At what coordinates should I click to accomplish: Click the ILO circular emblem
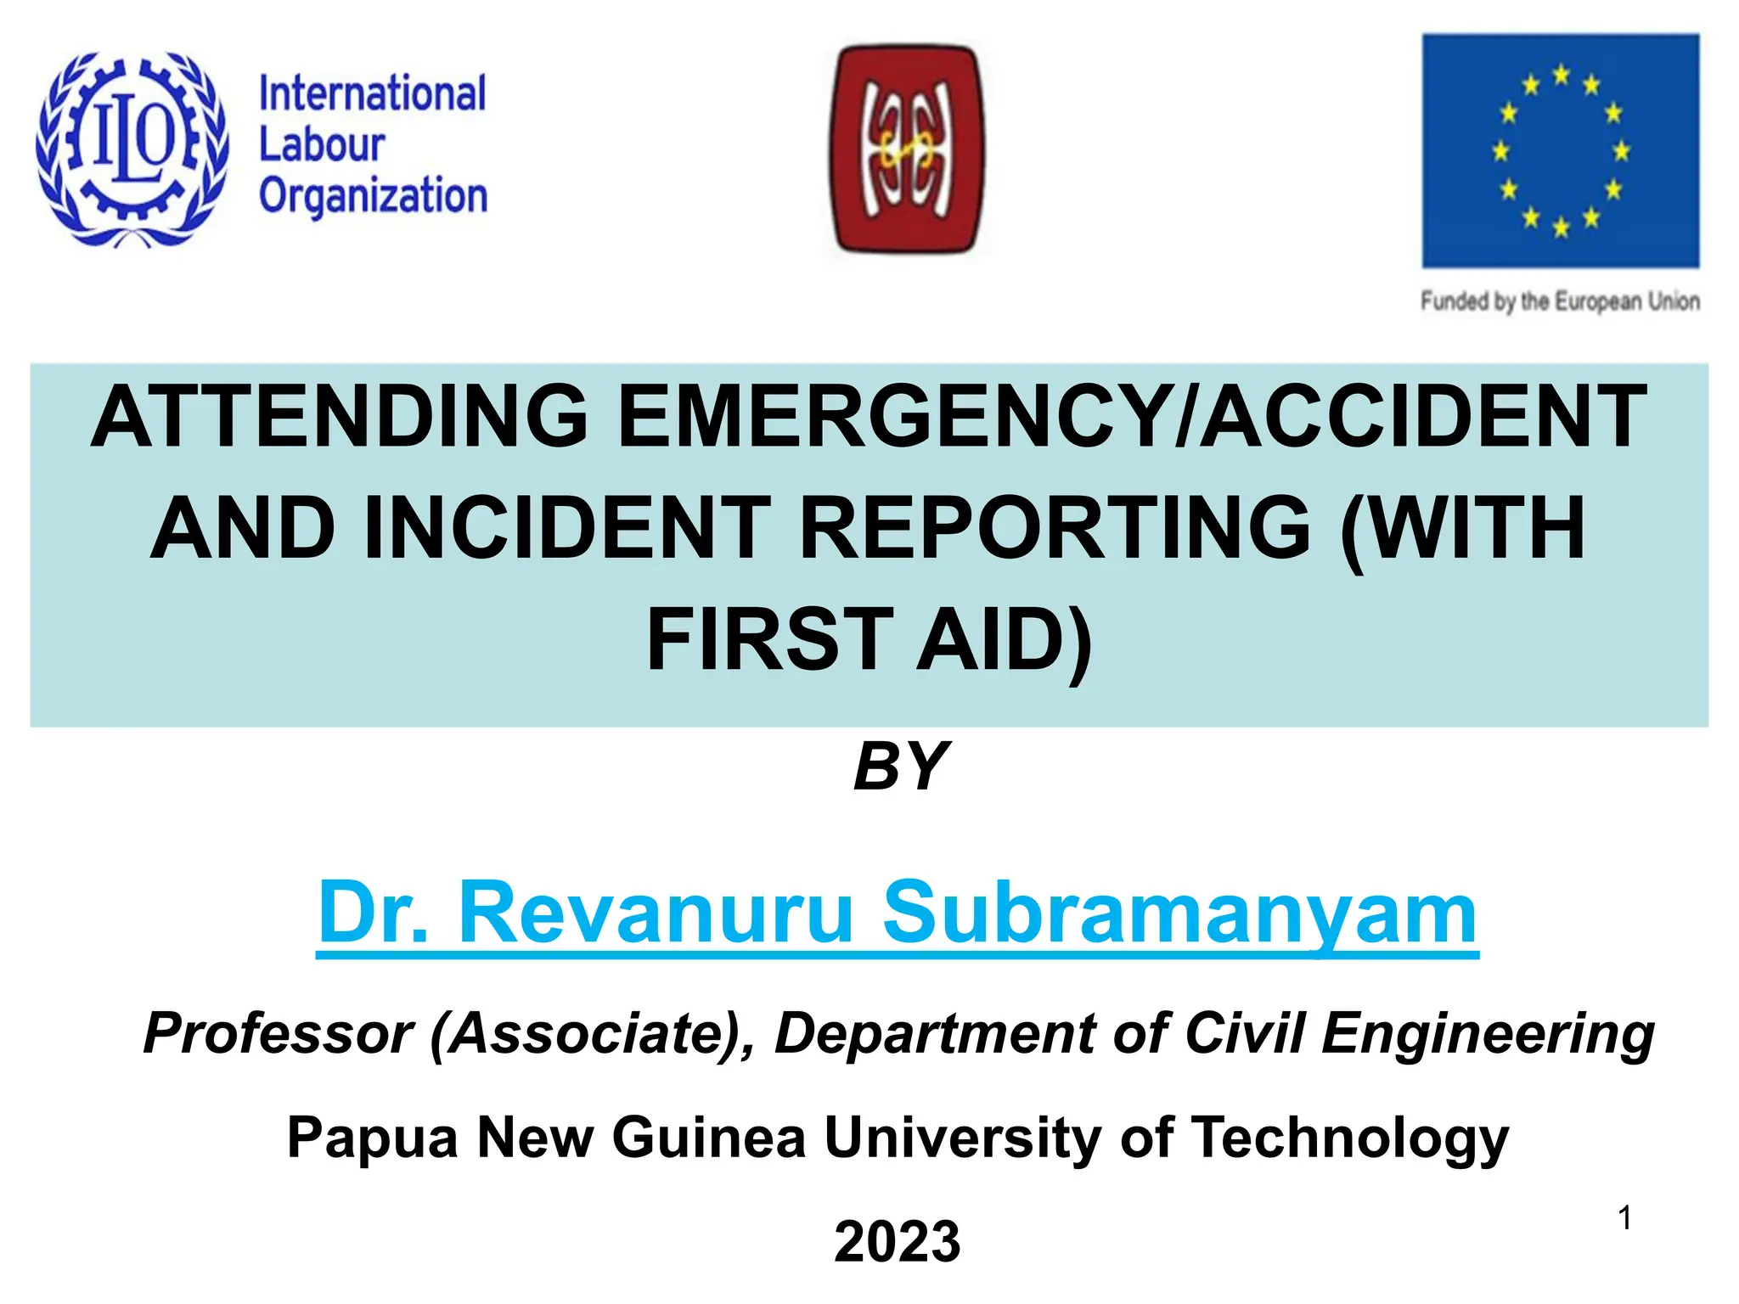click(132, 149)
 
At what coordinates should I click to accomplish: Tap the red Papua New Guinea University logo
click(907, 149)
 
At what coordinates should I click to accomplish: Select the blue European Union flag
click(1561, 150)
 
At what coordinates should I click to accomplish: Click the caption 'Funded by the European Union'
click(1561, 301)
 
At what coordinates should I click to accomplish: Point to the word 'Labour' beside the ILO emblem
click(322, 144)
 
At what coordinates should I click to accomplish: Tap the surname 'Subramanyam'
click(1180, 913)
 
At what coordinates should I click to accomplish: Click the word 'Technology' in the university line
click(1350, 1137)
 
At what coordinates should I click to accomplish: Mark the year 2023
click(897, 1241)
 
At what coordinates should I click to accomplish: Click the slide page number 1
click(1624, 1218)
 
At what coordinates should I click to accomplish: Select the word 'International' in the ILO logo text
click(372, 93)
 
